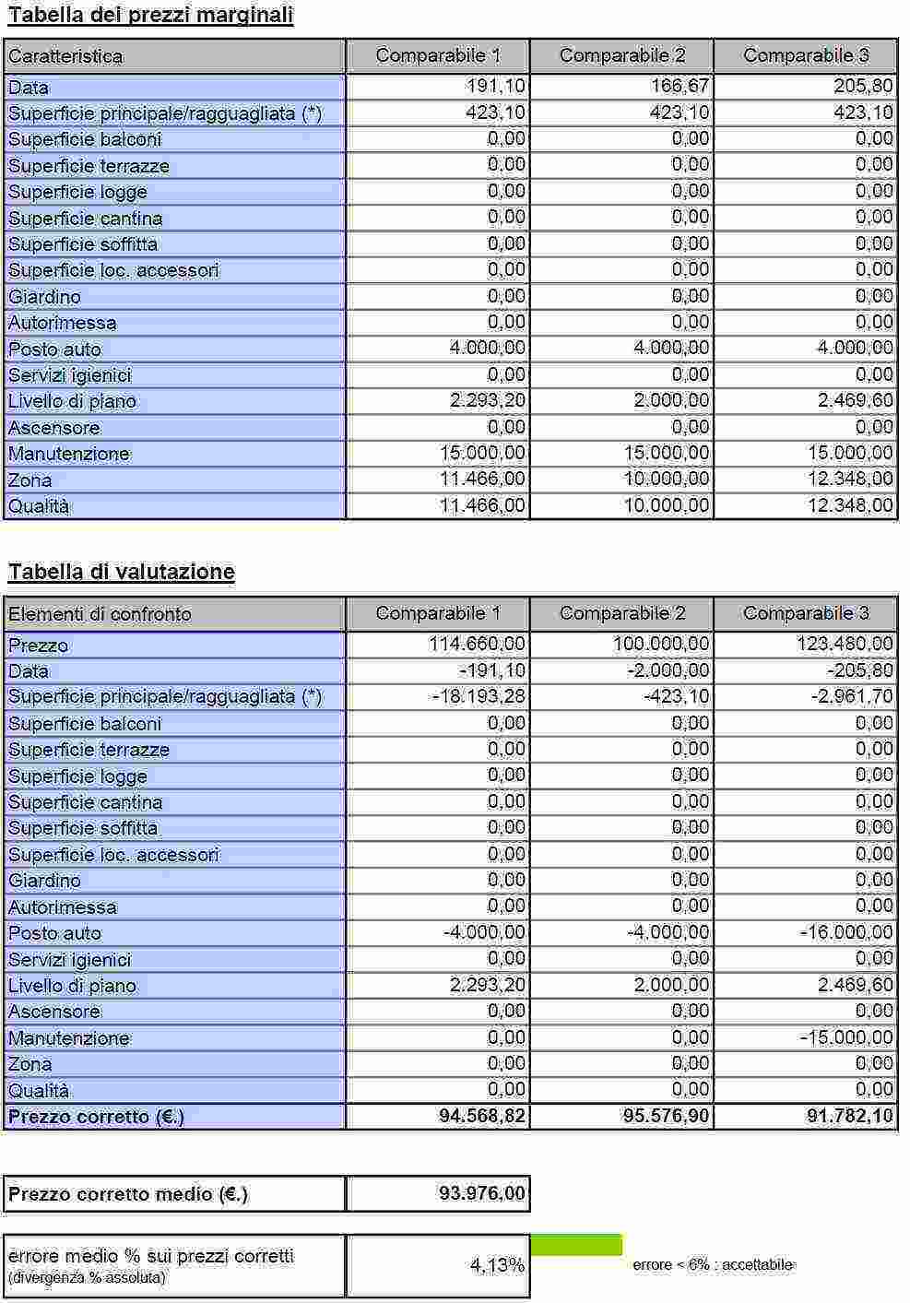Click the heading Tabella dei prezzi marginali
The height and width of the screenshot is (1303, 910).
click(x=150, y=16)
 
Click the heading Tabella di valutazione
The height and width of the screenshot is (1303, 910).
click(x=122, y=573)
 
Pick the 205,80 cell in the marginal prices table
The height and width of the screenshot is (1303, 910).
click(x=863, y=87)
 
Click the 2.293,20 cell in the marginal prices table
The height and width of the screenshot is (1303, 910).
click(x=488, y=400)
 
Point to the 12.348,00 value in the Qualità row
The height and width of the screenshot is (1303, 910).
click(x=850, y=505)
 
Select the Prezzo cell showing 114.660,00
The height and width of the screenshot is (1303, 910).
click(x=478, y=645)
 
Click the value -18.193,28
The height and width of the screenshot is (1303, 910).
click(x=479, y=696)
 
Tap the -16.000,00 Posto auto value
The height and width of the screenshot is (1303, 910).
click(x=846, y=932)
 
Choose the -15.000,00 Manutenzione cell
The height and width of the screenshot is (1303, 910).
click(x=846, y=1037)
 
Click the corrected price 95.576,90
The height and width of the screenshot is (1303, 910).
click(x=667, y=1116)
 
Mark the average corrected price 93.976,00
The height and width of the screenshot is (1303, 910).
click(x=482, y=1193)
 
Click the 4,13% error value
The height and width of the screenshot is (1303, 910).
click(x=497, y=1265)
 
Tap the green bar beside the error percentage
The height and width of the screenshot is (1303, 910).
click(x=576, y=1245)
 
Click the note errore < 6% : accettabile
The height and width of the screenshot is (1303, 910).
click(x=713, y=1265)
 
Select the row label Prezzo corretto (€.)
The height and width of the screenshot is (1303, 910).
click(x=97, y=1117)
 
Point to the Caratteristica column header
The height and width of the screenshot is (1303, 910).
click(x=65, y=56)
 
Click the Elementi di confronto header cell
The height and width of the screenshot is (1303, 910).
click(x=100, y=614)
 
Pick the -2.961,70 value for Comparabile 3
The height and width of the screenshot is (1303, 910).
click(x=852, y=696)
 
